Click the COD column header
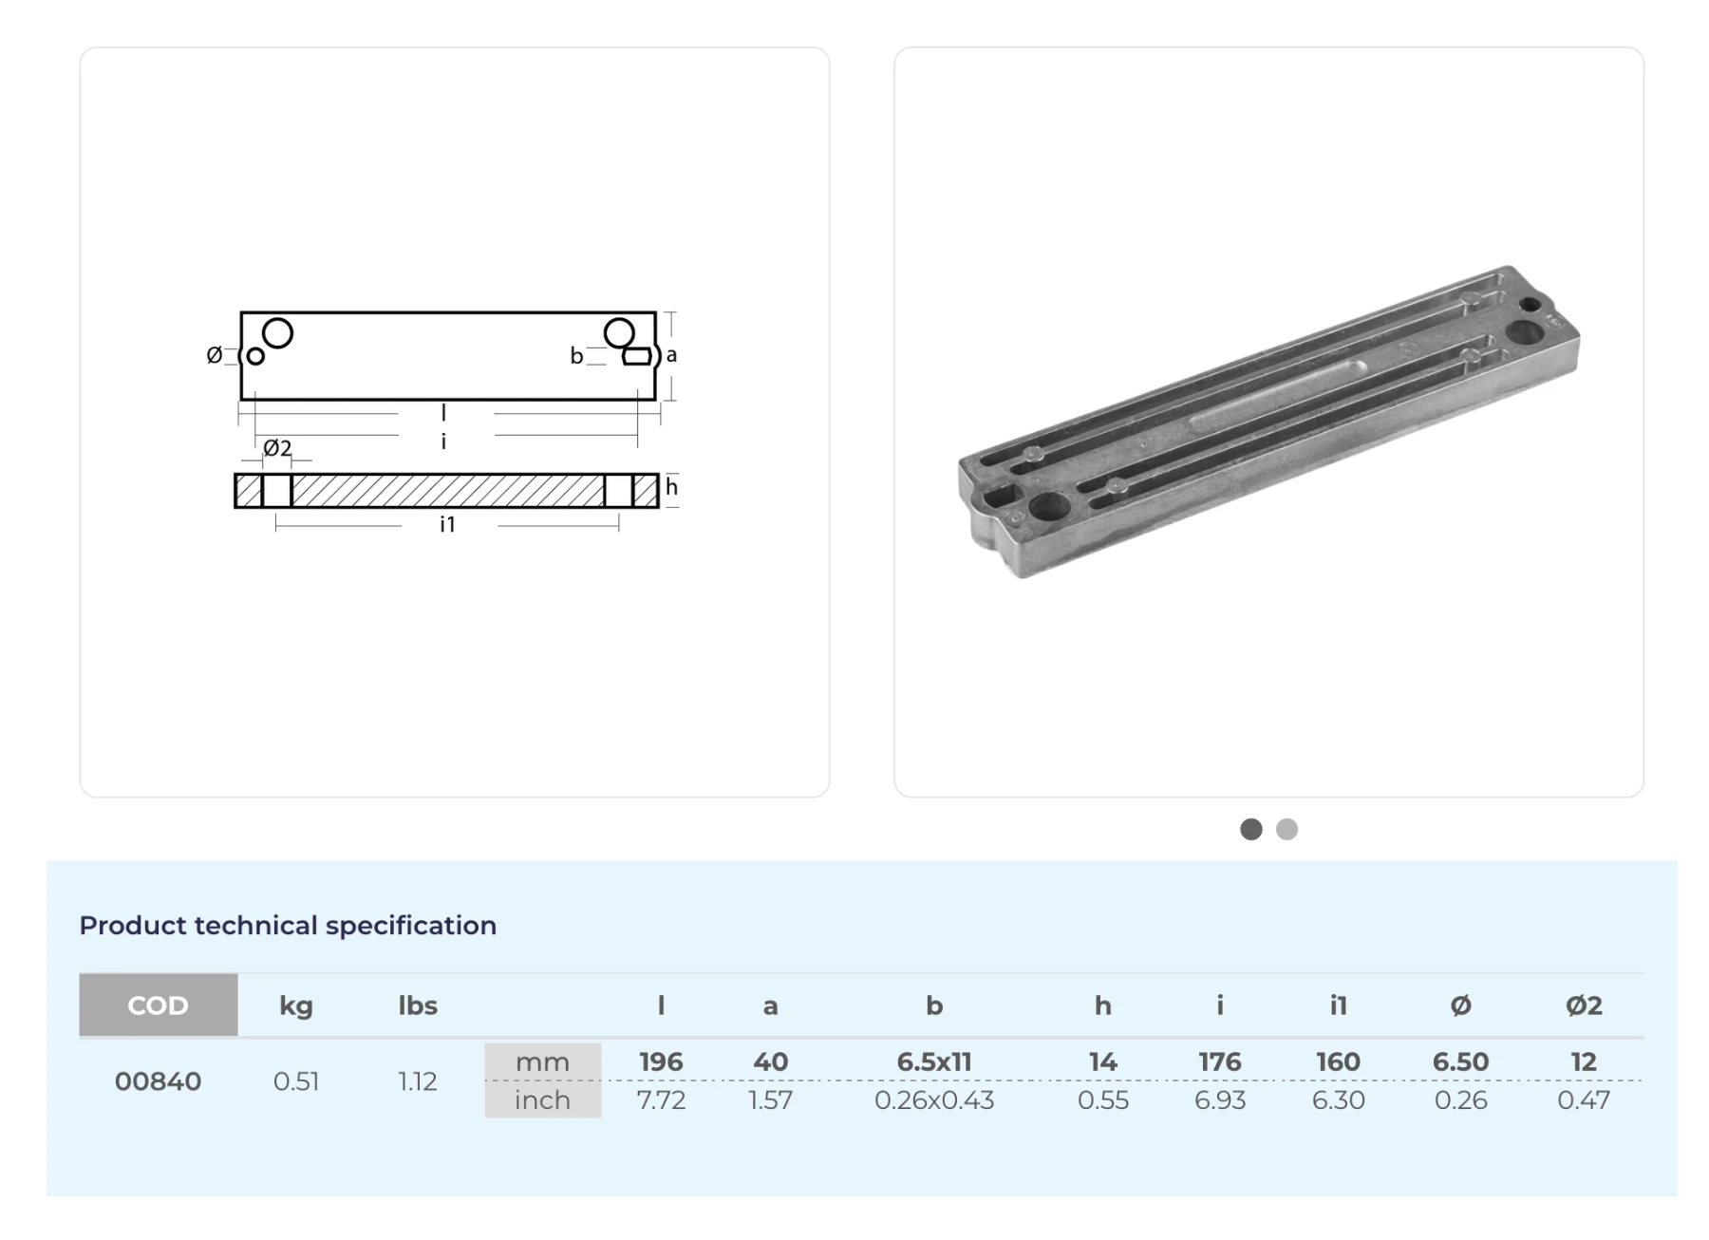[158, 1005]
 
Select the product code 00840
[158, 1081]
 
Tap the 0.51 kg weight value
[296, 1081]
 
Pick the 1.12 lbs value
[418, 1081]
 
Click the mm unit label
[542, 1062]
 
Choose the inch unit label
[542, 1099]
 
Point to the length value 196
[661, 1062]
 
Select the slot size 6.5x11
[934, 1062]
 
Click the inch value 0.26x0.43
[934, 1100]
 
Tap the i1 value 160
[1338, 1062]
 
